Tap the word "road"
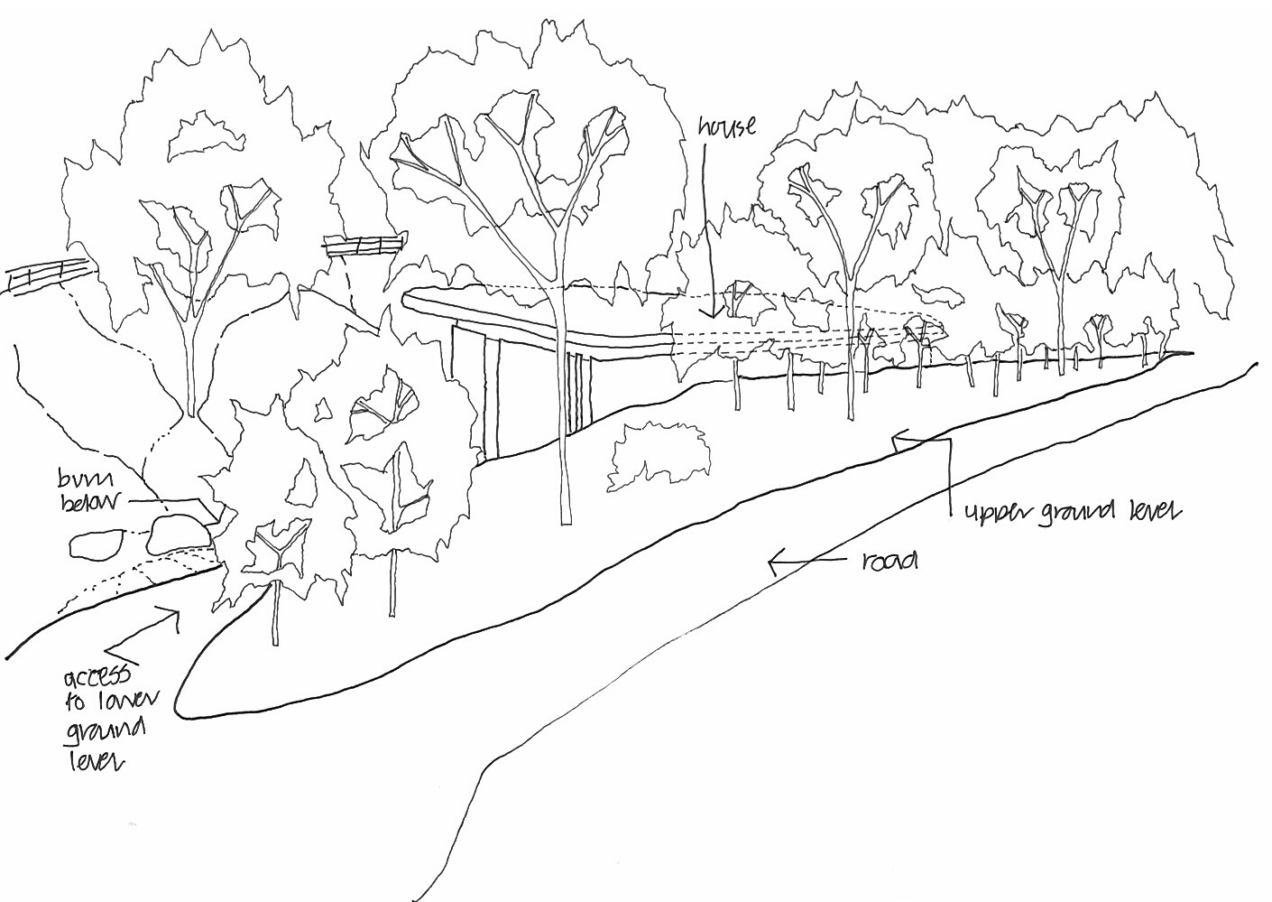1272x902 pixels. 889,562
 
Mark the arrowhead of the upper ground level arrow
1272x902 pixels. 896,442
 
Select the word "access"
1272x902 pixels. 97,679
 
